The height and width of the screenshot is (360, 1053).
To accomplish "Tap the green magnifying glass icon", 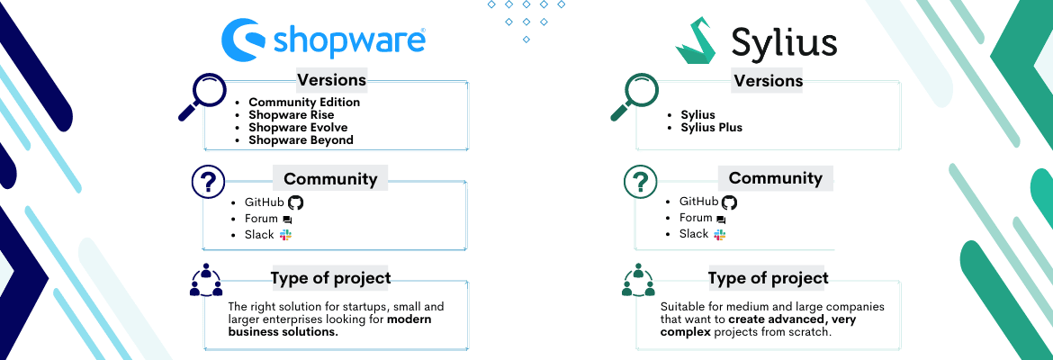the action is [x=634, y=96].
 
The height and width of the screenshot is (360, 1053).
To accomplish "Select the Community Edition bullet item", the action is [x=304, y=102].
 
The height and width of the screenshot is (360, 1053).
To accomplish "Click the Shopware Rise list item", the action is [x=291, y=115].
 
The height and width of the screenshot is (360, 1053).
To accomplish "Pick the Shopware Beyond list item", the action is [x=301, y=139].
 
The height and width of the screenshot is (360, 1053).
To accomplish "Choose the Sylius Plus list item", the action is [x=712, y=128].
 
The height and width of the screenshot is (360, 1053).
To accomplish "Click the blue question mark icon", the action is [x=208, y=182].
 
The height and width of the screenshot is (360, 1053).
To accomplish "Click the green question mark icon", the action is [x=640, y=182].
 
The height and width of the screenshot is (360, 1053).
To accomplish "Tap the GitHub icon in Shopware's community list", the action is [x=295, y=202].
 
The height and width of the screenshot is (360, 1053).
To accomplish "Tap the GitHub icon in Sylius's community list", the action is [x=729, y=202].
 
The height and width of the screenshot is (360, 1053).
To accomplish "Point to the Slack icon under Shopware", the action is [x=286, y=235].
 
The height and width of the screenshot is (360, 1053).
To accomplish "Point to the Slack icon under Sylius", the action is [x=720, y=234].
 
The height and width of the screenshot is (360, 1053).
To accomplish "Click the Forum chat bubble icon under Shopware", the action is [x=287, y=220].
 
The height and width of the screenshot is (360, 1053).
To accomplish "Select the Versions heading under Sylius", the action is [x=769, y=81].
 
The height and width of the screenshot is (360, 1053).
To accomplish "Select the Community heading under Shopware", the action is [x=330, y=179].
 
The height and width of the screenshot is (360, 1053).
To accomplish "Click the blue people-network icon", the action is [x=205, y=281].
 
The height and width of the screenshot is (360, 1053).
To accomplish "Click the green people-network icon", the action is [x=638, y=281].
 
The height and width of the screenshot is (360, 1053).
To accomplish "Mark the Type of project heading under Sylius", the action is [x=769, y=278].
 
